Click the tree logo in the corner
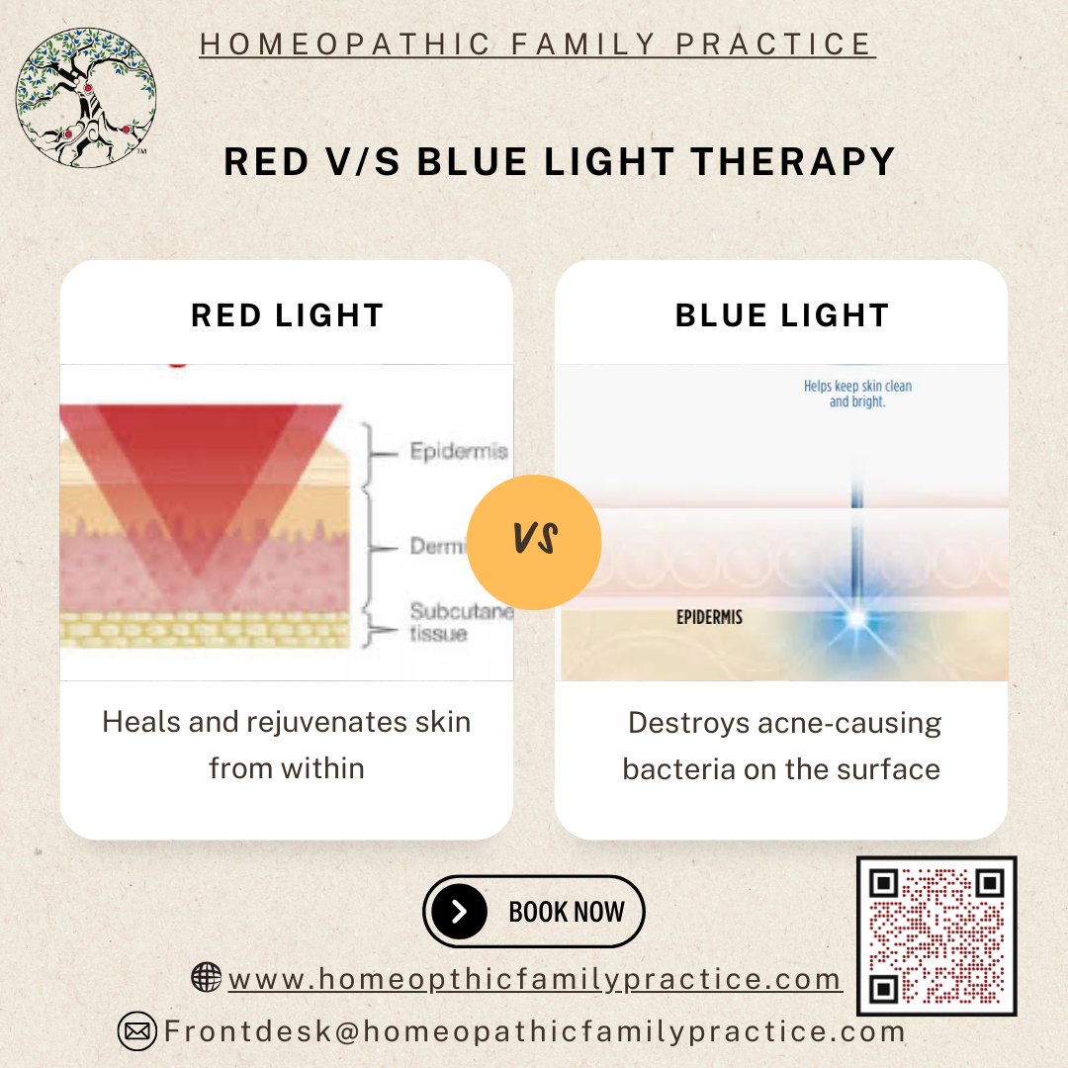coord(86,96)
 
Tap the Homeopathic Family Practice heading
coord(537,44)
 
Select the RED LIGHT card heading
coord(287,315)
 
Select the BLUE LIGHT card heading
coord(782,315)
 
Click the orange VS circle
coord(533,541)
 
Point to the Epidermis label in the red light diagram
coord(459,452)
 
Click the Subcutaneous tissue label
coord(461,623)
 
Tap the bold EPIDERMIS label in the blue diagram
coord(709,617)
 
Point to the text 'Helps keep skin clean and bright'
coord(857,395)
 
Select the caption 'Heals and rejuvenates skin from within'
coord(287,745)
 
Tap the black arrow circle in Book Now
coord(459,911)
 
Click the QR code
coord(935,935)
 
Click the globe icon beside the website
coord(206,978)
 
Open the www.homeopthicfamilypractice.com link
coord(535,980)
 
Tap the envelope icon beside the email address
coord(137,1031)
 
